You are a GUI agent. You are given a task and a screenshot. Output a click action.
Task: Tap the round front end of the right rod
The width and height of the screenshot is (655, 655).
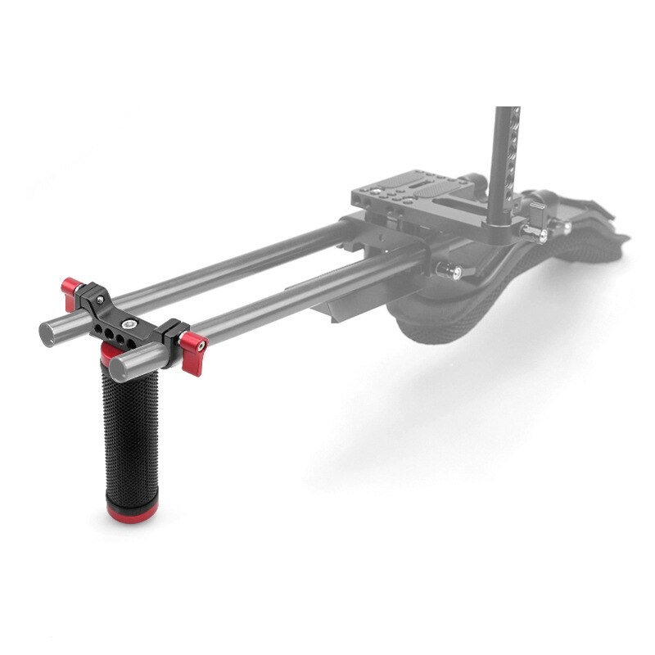(x=124, y=361)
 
